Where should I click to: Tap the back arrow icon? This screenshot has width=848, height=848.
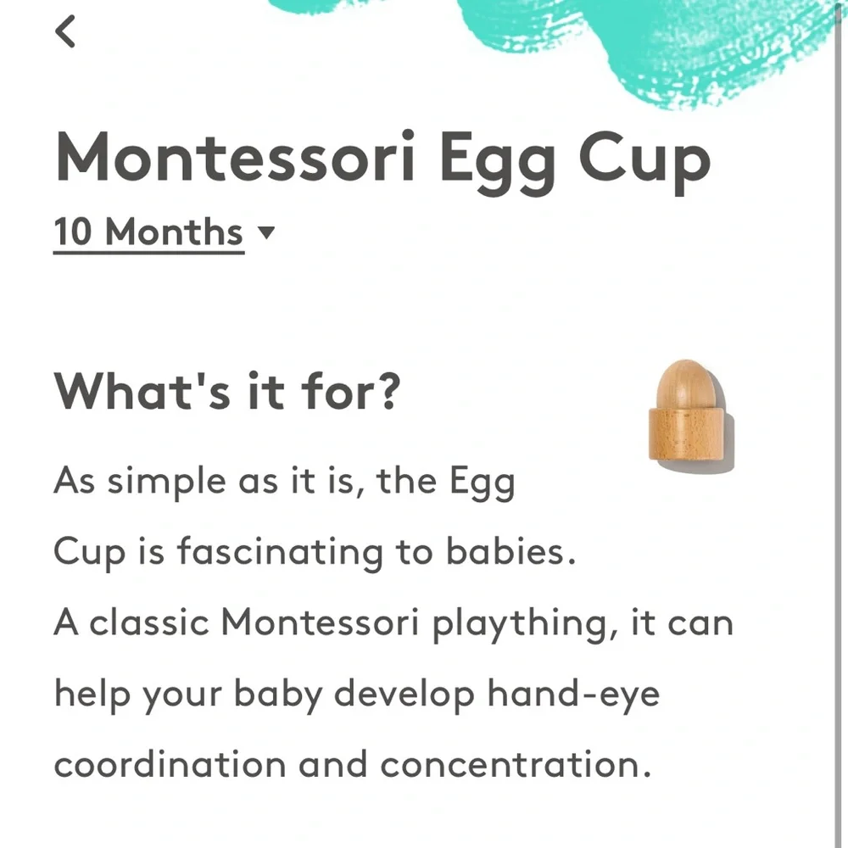pos(65,31)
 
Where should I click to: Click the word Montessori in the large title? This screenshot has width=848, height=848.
pos(236,158)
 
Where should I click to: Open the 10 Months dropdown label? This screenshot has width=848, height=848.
pos(148,232)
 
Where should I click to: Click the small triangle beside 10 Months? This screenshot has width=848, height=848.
pos(266,232)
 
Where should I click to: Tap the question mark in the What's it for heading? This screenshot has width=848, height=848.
pos(388,390)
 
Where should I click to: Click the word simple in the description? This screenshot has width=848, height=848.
pos(166,483)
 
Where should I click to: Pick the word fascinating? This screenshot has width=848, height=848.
pos(280,553)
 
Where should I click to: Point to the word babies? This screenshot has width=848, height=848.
pos(510,551)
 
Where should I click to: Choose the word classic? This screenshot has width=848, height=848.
pos(148,622)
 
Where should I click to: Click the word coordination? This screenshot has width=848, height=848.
pos(170,764)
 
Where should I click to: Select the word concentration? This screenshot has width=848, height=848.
pos(516,764)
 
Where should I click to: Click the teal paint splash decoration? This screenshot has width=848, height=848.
pos(649,43)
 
